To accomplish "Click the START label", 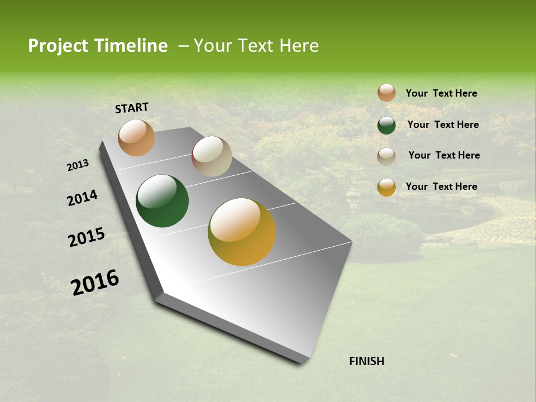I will (132, 108).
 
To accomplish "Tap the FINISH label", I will (366, 361).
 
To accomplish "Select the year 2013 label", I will (78, 165).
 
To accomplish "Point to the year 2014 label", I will (82, 198).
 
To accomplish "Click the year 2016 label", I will (95, 283).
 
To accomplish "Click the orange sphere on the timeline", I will (136, 138).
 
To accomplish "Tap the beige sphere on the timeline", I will (212, 156).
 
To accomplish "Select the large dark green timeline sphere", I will (162, 201).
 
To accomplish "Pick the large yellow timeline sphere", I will (242, 232).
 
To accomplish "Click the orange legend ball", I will (386, 93).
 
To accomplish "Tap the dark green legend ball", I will (386, 125).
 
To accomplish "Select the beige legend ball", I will (386, 156).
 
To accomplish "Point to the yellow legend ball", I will (386, 187).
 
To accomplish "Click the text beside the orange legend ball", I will (441, 93).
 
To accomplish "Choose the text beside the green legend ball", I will (443, 125).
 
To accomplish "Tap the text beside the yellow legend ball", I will (441, 186).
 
